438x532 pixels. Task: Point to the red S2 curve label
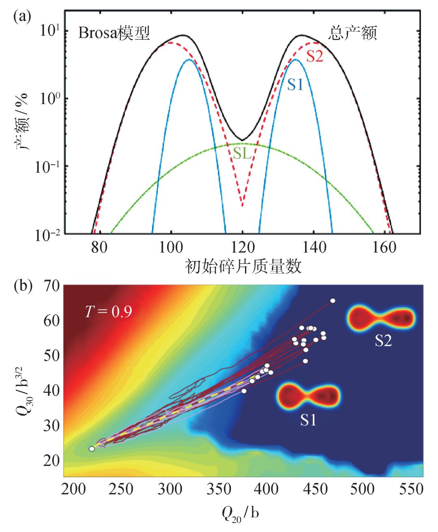[x=314, y=56]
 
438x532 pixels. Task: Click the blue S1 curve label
[x=295, y=84]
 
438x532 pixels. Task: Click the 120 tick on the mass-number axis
[x=242, y=246]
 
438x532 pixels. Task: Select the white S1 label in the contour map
[x=308, y=420]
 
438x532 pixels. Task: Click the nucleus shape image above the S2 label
[x=380, y=318]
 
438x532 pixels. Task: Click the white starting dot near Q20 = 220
[x=92, y=449]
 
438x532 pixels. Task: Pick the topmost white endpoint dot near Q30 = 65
[x=333, y=300]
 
